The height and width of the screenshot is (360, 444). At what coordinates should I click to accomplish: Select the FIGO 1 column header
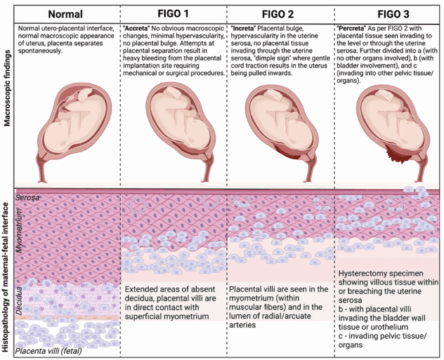click(x=173, y=12)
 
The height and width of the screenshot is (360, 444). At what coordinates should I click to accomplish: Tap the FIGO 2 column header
click(x=280, y=12)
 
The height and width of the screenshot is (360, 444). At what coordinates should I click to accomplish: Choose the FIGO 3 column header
click(x=387, y=12)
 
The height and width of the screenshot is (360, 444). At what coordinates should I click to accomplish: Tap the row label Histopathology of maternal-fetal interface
click(x=8, y=273)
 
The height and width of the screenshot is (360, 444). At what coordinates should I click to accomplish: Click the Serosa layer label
click(x=28, y=198)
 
